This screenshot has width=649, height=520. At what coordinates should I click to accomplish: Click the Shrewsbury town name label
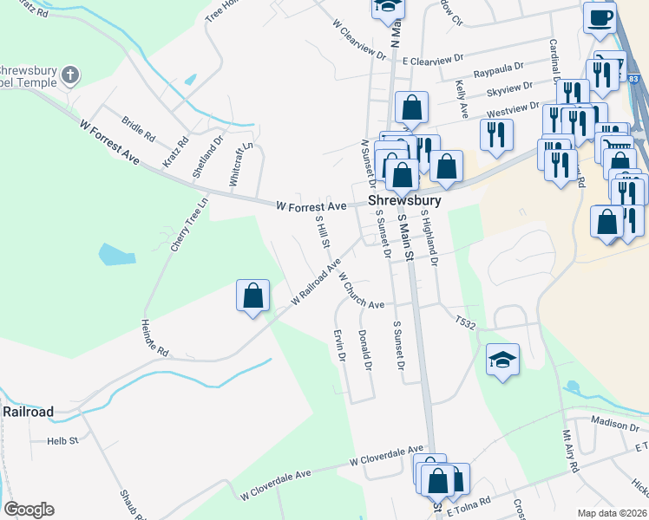[x=404, y=200]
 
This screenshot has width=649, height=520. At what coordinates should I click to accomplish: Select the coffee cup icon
[x=600, y=17]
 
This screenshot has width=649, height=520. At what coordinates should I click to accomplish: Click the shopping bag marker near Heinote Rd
[x=252, y=296]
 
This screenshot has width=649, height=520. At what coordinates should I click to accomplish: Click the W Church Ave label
[x=361, y=291]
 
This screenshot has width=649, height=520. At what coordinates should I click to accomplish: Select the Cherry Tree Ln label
[x=190, y=224]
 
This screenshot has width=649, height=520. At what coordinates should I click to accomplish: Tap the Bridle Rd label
[x=138, y=131]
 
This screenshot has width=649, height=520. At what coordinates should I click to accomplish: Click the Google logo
[x=29, y=510]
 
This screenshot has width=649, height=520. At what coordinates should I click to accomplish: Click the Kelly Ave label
[x=462, y=100]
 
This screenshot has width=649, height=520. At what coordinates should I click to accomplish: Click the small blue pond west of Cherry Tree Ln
[x=116, y=255]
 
